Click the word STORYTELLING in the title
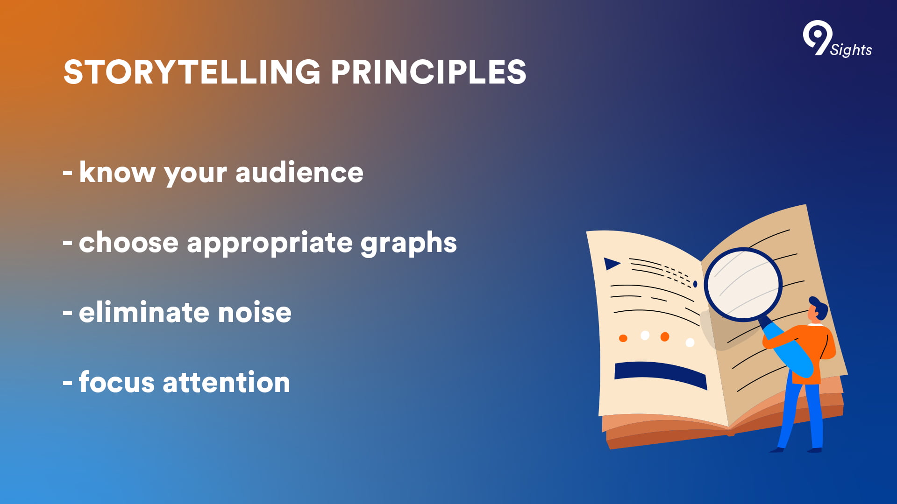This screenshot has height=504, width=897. [192, 72]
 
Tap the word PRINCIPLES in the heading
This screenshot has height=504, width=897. [429, 72]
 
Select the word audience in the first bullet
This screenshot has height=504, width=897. [299, 172]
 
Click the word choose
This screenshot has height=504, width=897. [128, 242]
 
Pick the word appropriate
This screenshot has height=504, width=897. [270, 243]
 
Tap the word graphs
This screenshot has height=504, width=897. [409, 243]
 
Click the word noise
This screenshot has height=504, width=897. [255, 312]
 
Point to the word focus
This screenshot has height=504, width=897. [116, 382]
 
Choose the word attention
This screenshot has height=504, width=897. [227, 382]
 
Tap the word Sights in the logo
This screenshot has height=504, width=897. [851, 49]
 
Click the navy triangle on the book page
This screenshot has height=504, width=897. [612, 264]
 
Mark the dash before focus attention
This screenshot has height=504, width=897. [68, 383]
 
